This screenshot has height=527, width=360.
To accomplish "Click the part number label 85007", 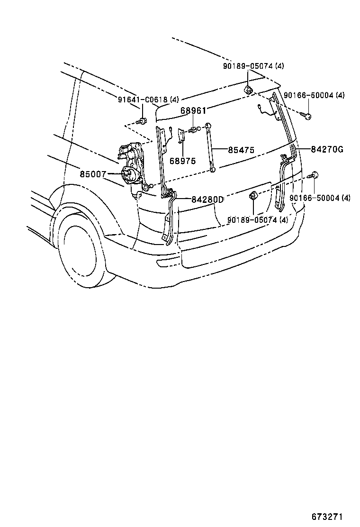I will (92, 174).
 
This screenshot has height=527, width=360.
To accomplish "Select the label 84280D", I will (207, 200).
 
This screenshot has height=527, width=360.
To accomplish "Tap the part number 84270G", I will (327, 149).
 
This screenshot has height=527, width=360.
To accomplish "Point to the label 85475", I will (241, 150).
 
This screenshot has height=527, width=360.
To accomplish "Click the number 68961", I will (193, 110).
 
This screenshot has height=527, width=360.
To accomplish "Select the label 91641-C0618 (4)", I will (149, 99).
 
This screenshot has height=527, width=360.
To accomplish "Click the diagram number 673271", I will (327, 516).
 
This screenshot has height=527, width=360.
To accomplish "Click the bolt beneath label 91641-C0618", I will (142, 121).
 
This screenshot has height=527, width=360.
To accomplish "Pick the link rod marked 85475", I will (211, 147).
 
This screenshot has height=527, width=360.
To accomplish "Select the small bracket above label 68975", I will (181, 136).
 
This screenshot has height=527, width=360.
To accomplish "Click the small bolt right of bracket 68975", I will (194, 129).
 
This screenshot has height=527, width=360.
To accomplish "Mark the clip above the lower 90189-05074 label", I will (253, 196).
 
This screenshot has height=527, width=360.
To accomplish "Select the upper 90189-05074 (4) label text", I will (253, 66).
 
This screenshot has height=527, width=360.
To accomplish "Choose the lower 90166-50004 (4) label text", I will (320, 198).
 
